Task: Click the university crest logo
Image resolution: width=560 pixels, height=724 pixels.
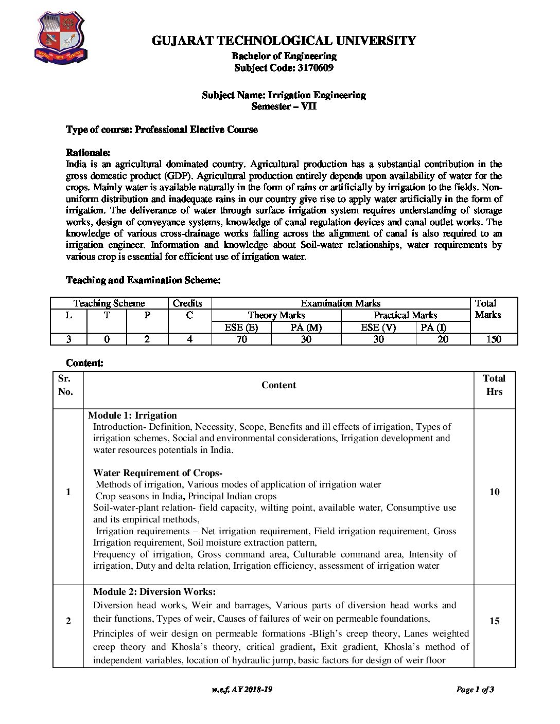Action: [61, 39]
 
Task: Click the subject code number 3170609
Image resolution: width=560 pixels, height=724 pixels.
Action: [316, 68]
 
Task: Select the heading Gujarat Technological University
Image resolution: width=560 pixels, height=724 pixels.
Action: [284, 41]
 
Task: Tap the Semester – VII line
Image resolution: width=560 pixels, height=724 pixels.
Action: [284, 106]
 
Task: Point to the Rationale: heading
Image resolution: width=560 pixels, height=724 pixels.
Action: [88, 153]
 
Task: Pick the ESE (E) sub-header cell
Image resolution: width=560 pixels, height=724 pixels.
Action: [241, 328]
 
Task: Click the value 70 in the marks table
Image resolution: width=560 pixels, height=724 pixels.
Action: [241, 339]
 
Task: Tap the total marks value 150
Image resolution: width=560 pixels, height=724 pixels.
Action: [494, 339]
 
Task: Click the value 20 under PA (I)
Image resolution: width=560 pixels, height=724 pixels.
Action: [443, 339]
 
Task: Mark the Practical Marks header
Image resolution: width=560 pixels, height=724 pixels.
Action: [405, 315]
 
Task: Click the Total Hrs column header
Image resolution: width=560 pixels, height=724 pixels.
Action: [494, 385]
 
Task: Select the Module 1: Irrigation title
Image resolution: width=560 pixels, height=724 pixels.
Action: [132, 415]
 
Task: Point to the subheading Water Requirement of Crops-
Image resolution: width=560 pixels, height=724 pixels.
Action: [157, 473]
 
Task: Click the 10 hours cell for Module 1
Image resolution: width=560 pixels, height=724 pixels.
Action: [494, 492]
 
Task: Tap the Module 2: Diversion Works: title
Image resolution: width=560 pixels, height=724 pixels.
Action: [154, 592]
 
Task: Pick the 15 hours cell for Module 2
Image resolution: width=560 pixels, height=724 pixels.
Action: [494, 621]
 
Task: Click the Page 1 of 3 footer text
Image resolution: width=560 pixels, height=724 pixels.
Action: [475, 690]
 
